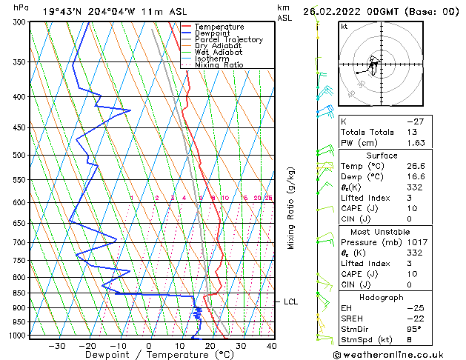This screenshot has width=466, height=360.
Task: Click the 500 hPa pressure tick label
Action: tap(20, 156)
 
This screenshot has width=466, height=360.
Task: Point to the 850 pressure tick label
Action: tap(20, 293)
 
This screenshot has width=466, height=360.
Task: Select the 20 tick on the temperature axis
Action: tap(210, 346)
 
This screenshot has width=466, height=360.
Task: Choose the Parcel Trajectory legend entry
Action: tap(228, 40)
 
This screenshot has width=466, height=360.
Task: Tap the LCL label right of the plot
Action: tap(291, 302)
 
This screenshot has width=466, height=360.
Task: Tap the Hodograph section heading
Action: tap(382, 296)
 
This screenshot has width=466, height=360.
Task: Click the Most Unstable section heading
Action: tap(382, 231)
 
